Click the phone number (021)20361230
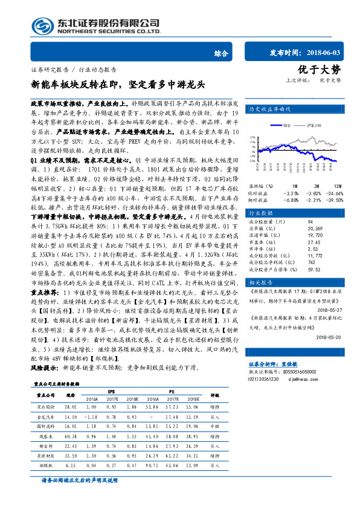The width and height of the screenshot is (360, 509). [266, 378]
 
